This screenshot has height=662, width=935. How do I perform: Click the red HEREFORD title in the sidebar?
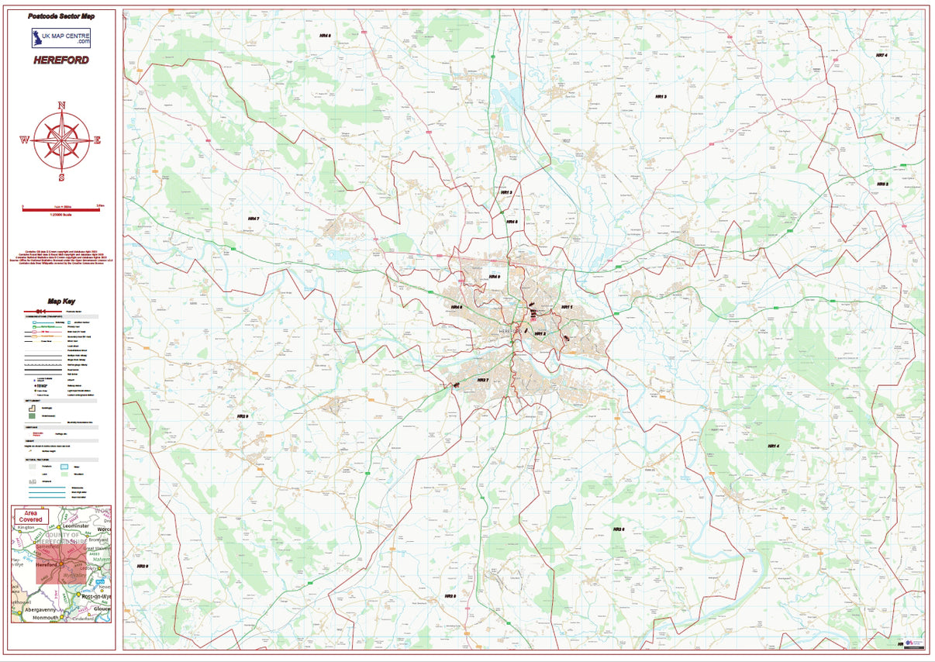coord(60,60)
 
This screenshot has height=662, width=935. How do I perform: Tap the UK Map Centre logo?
coord(60,38)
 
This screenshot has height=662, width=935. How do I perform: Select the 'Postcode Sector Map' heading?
coord(60,16)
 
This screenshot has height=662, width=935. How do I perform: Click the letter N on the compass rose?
coord(62,106)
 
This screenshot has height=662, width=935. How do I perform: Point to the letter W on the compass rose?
coord(25,140)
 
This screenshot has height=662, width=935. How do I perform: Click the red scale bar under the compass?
coord(62,209)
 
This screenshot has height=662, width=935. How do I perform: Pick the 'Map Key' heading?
coord(61,302)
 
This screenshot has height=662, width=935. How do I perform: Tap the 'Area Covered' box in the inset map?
coord(32,515)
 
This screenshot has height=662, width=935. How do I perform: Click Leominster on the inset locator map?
coord(79,526)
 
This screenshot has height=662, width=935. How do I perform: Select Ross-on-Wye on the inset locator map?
coord(95,596)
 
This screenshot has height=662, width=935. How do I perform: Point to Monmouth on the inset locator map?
coord(45,618)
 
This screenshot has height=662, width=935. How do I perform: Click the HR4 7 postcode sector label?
coord(253,219)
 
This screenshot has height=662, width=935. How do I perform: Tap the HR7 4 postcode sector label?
coord(881,55)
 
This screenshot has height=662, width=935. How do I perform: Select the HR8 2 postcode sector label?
coord(882,184)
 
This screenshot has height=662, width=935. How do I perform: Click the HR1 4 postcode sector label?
coord(772,447)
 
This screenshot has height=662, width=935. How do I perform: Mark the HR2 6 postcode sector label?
coord(618,529)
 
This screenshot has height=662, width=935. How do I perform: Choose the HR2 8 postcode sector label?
coord(450,596)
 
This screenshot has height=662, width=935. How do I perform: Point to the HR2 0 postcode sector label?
coord(143,567)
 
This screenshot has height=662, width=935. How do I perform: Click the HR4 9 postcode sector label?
coord(243,416)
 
